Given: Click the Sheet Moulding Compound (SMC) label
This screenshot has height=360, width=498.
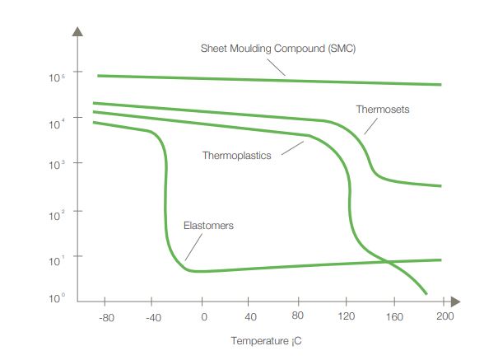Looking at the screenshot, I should pyautogui.click(x=277, y=49).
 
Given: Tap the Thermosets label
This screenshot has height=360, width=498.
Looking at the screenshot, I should pyautogui.click(x=383, y=109).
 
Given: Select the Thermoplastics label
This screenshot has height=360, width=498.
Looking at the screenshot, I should pyautogui.click(x=237, y=155).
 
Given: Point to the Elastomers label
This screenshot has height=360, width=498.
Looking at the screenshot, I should pyautogui.click(x=208, y=225).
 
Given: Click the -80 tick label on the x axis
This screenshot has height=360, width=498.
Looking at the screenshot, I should pyautogui.click(x=107, y=317).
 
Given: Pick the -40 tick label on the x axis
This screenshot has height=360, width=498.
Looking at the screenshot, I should pyautogui.click(x=155, y=317).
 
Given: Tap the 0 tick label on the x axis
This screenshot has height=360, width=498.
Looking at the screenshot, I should pyautogui.click(x=203, y=317).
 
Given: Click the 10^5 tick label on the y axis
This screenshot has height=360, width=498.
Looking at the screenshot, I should pyautogui.click(x=57, y=77).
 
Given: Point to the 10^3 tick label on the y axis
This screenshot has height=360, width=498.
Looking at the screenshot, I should pyautogui.click(x=57, y=165).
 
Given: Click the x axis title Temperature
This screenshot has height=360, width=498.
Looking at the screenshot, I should pyautogui.click(x=262, y=339).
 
